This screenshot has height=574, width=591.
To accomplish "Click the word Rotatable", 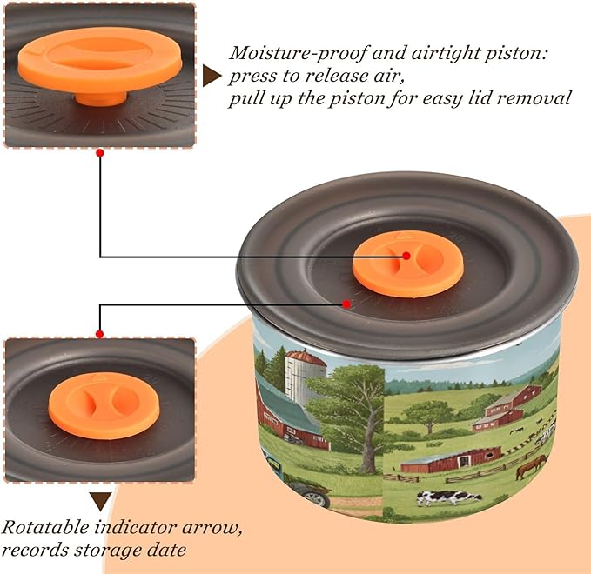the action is click(45, 527).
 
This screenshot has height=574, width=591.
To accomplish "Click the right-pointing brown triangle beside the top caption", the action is click(212, 76).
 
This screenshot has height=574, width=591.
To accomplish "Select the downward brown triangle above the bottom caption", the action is click(100, 501).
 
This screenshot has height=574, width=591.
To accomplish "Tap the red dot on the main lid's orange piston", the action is click(406, 256).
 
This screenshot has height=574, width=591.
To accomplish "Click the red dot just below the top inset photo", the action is click(100, 153).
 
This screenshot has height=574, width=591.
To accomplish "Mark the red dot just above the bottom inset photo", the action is click(99, 334).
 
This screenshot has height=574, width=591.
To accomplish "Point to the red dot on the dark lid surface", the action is click(346, 304).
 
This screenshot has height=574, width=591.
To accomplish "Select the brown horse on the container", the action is click(531, 465).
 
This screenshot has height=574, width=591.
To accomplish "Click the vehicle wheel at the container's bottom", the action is click(316, 498).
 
